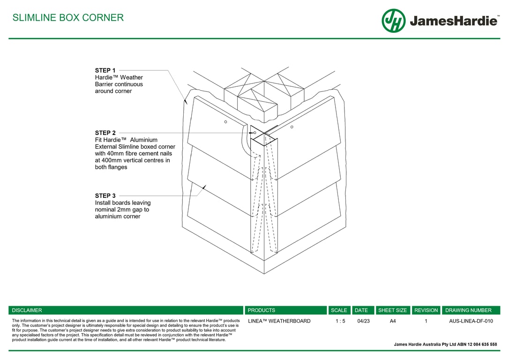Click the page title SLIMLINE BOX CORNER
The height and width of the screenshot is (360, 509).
click(x=68, y=18)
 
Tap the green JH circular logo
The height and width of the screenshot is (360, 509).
click(x=393, y=21)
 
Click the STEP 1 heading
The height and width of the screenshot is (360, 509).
click(x=105, y=70)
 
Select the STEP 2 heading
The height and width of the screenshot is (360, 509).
click(x=105, y=133)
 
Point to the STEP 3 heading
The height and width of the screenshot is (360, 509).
click(x=105, y=195)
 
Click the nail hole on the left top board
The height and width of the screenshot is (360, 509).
click(x=225, y=122)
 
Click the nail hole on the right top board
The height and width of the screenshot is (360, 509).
click(x=292, y=127)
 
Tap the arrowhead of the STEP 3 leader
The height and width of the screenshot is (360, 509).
click(x=204, y=187)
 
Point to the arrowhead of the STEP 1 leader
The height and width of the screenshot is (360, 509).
click(x=185, y=100)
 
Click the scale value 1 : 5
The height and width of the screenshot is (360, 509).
click(x=340, y=321)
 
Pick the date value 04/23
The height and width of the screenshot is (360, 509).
click(x=363, y=321)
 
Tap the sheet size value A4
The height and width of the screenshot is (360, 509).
click(x=393, y=321)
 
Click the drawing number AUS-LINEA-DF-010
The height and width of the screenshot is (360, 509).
click(x=471, y=321)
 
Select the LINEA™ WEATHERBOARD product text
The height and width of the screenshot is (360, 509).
click(x=279, y=321)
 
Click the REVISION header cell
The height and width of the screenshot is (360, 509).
click(x=426, y=310)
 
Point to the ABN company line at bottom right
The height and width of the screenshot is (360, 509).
click(x=445, y=344)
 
